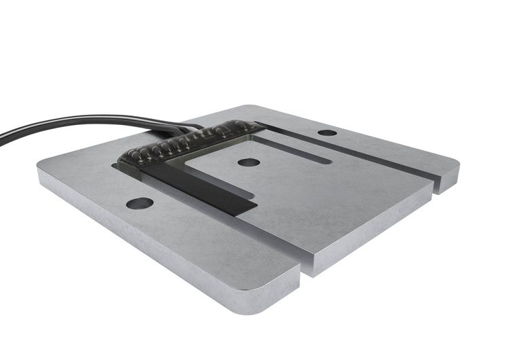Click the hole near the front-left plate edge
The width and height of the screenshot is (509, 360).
pos(140,202)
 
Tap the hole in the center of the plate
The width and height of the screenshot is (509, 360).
pos(248,163)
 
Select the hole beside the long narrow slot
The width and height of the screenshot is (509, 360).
pos(327,132)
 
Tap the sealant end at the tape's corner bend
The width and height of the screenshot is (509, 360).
pos(126,163)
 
